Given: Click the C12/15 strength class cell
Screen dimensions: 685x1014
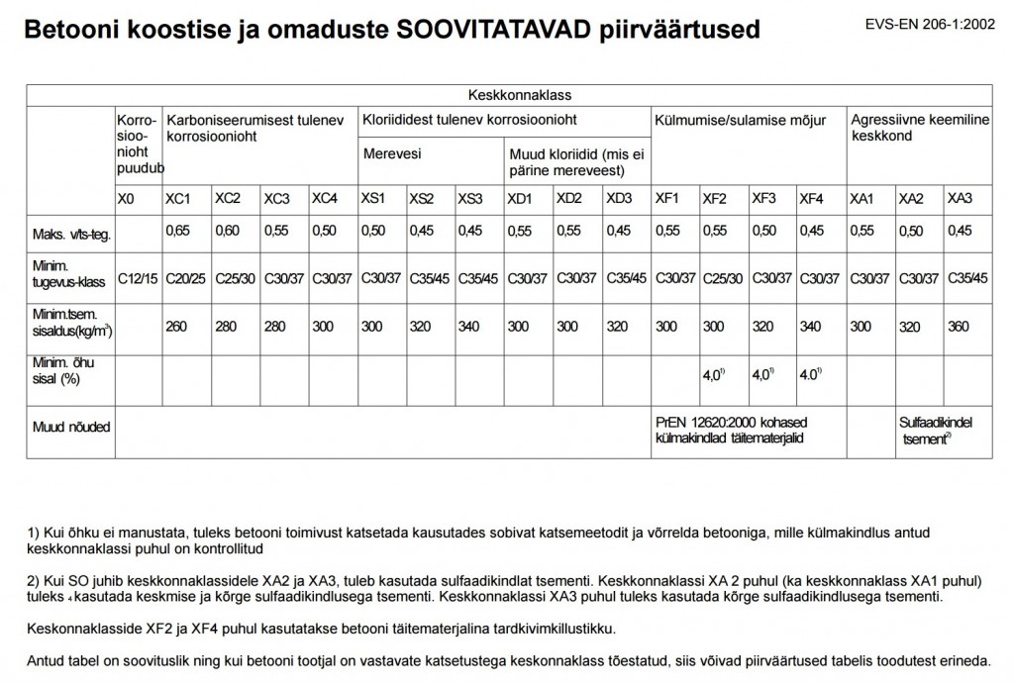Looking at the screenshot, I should coord(138,279).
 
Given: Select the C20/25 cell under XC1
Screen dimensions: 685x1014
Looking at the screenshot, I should coord(186,279).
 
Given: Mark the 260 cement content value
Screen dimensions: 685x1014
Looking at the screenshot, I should coord(176,326).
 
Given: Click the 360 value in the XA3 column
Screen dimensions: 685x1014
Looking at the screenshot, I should coord(960,326).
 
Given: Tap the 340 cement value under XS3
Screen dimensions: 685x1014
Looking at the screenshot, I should coord(468,326).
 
